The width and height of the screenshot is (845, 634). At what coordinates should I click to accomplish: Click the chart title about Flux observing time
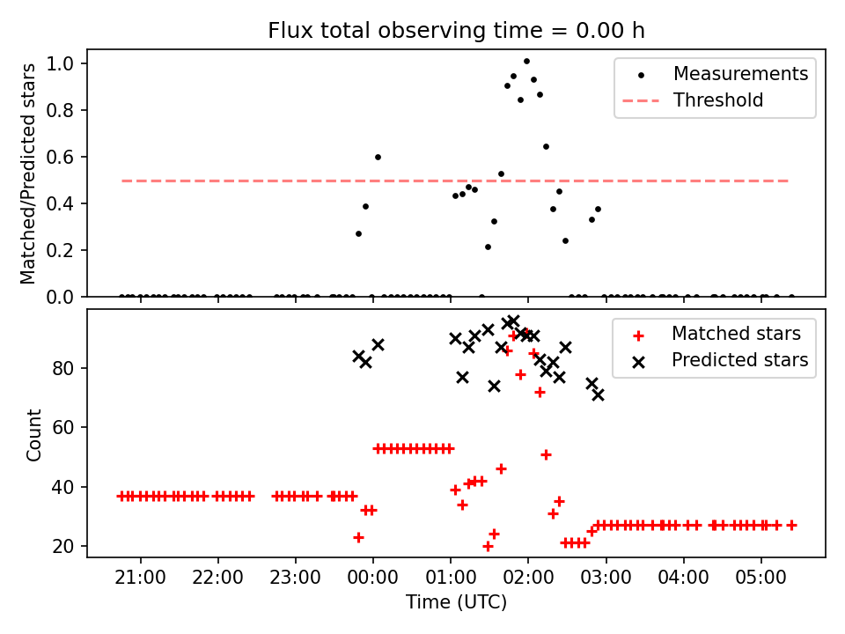[456, 31]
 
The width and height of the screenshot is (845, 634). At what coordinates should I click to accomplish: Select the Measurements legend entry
[740, 74]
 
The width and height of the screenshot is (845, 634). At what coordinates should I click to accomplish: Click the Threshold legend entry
[718, 100]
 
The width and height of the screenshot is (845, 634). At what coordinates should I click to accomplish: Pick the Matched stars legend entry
[736, 334]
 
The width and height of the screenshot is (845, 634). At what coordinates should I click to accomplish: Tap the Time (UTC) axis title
[456, 603]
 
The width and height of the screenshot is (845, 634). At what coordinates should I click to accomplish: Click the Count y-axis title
[34, 434]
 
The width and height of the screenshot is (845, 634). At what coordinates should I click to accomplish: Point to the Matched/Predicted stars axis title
[29, 173]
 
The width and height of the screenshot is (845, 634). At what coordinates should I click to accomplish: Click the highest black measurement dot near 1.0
[526, 62]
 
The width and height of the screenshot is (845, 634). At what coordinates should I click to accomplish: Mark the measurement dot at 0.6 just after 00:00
[378, 157]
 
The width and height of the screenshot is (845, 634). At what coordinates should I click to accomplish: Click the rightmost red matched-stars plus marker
[791, 525]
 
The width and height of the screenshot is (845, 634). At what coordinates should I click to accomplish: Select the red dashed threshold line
[264, 181]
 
